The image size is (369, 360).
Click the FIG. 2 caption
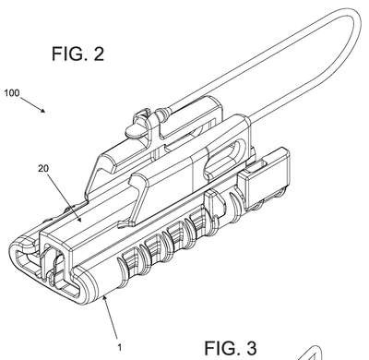coord(77,54)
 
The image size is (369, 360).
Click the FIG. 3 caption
coord(231,348)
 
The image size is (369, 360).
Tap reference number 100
coord(12,93)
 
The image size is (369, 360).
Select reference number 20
coord(43,168)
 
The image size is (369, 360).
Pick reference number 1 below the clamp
coord(120,348)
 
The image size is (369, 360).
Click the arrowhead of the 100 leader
coord(43,110)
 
